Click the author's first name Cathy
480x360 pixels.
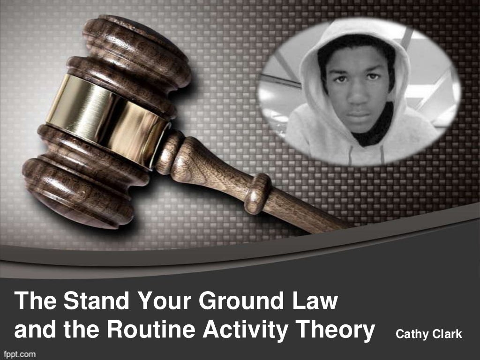point(411,334)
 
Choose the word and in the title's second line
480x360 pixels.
point(31,330)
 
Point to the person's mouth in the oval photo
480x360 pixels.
point(359,114)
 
